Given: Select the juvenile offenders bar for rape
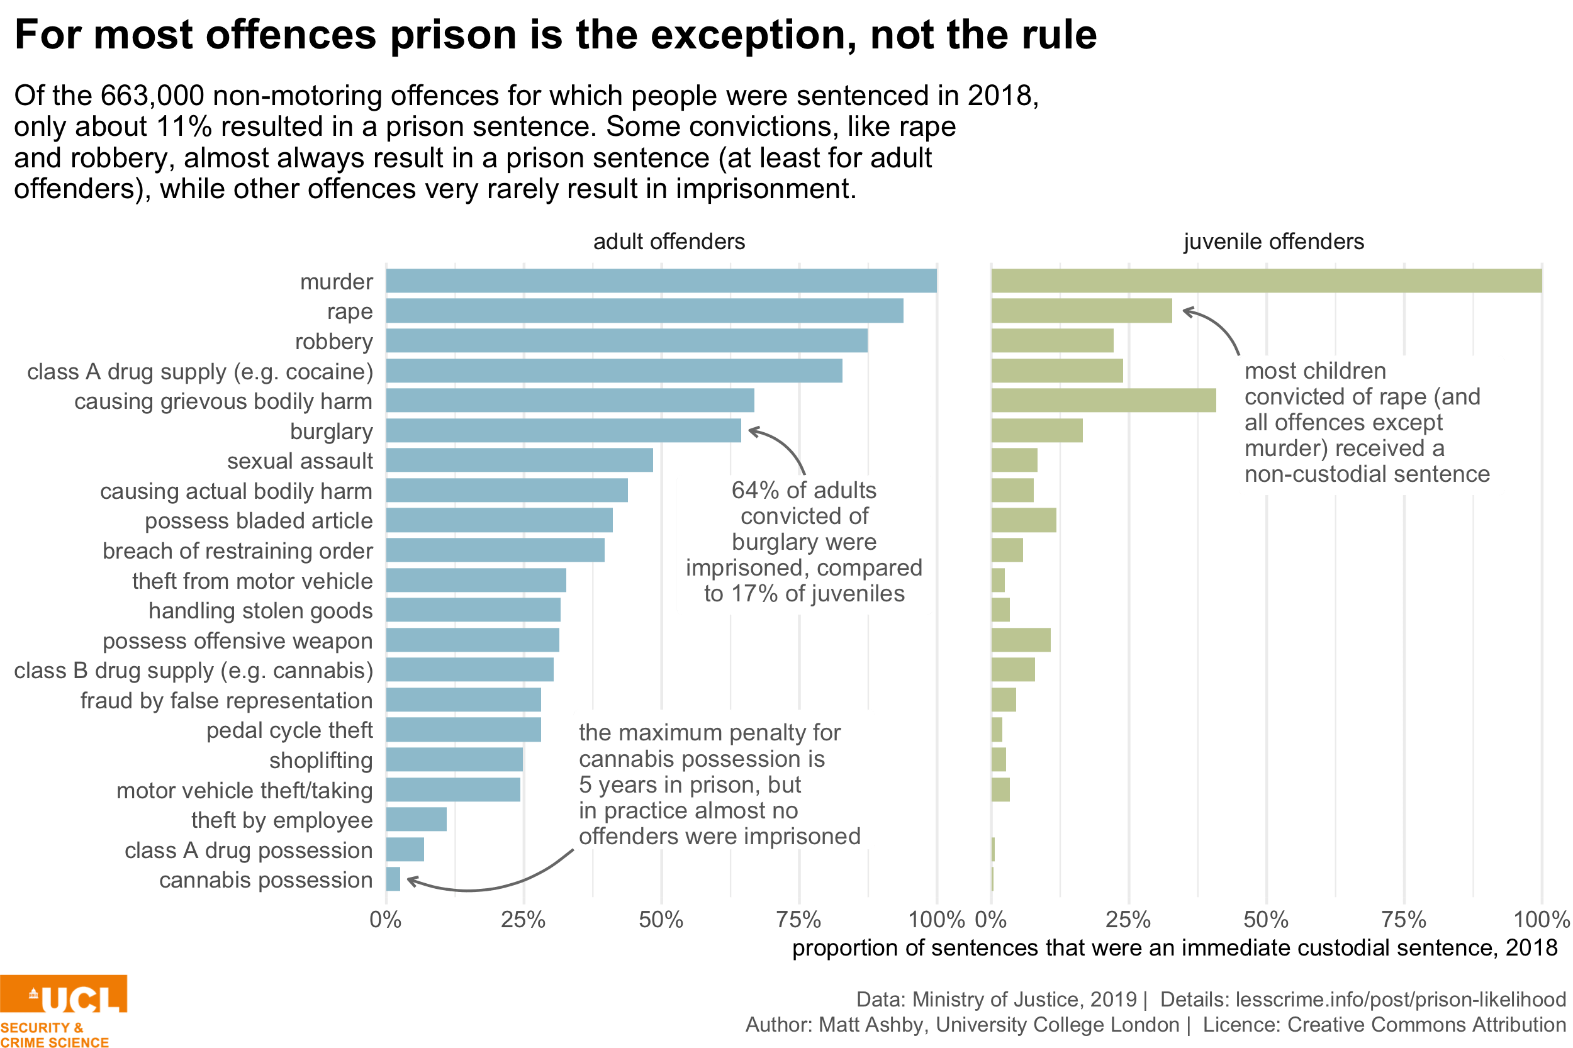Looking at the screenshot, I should (x=1081, y=311).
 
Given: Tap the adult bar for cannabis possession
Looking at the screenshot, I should (x=393, y=879).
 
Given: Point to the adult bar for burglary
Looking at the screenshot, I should (x=563, y=430).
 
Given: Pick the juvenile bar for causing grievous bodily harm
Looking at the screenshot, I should (x=1103, y=400).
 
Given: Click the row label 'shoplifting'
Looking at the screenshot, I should (x=321, y=761).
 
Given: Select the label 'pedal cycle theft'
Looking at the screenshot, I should (x=289, y=730).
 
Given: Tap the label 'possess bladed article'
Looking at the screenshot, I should (x=259, y=521).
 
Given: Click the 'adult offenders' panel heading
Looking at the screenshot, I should (x=668, y=242).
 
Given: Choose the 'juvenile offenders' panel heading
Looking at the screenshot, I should (x=1273, y=242).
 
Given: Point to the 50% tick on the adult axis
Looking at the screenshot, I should (x=661, y=920).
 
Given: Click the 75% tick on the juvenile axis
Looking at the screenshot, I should (x=1403, y=920).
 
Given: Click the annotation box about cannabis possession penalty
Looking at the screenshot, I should (x=724, y=780).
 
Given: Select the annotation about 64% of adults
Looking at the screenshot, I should (x=803, y=544).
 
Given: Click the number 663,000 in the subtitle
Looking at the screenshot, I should (x=152, y=96).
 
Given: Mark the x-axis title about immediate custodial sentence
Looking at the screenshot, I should (x=1175, y=948).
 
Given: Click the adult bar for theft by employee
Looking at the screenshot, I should (x=416, y=820).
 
